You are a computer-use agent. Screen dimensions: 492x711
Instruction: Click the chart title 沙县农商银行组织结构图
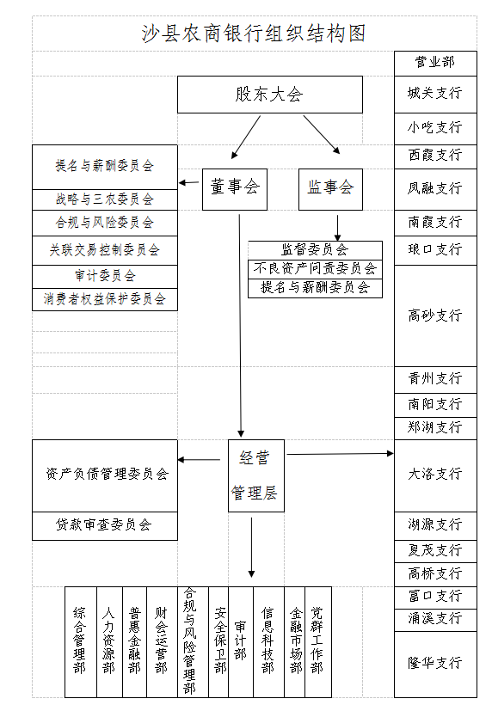[254, 34]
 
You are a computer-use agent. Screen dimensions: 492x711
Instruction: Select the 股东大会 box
[270, 95]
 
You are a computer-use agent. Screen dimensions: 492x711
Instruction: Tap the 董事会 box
[235, 189]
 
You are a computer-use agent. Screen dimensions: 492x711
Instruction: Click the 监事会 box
[330, 189]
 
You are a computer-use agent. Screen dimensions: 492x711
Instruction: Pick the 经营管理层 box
[256, 475]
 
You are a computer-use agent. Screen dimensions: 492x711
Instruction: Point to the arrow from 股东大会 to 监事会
[322, 135]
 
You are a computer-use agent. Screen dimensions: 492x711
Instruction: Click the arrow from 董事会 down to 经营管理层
[240, 326]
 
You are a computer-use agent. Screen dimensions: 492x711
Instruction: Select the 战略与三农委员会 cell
[105, 199]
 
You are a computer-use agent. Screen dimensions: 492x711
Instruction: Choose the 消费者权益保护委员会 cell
[105, 299]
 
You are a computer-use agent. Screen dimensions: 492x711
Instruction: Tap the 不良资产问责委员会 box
[315, 269]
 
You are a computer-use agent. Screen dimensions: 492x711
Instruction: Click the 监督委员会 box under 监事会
[315, 250]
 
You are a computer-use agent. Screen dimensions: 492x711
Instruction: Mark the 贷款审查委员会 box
[105, 526]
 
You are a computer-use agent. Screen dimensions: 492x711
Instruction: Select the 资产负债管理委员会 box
[105, 475]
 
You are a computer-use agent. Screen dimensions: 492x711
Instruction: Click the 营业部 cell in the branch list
[435, 64]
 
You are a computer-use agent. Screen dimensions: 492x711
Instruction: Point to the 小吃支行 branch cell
[435, 129]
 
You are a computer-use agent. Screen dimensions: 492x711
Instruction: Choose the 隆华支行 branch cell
[435, 665]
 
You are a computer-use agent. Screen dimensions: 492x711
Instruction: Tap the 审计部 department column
[241, 641]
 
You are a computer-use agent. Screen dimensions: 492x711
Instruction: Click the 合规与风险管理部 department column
[193, 641]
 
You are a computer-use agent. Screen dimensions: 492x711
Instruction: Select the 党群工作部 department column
[318, 641]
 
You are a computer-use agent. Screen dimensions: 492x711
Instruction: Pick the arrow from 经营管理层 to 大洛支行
[340, 453]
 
